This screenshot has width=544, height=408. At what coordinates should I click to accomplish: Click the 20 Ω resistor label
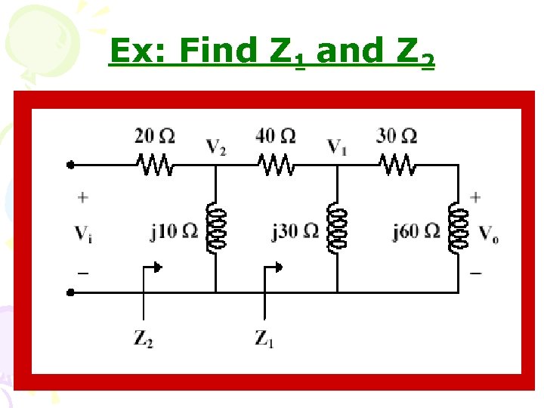(155, 136)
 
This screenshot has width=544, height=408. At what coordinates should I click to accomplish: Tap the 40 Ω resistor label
(276, 136)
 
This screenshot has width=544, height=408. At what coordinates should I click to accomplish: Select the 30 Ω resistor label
(397, 136)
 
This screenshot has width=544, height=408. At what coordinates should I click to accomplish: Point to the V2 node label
(216, 147)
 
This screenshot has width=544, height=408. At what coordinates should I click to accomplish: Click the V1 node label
(337, 147)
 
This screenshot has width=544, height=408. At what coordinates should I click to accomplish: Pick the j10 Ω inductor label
(174, 230)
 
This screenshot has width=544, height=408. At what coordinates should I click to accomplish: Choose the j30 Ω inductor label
(295, 230)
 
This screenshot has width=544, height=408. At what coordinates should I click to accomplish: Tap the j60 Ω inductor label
(416, 230)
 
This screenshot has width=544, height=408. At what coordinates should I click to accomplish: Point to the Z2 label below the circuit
(144, 338)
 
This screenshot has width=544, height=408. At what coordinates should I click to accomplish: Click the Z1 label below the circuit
(264, 338)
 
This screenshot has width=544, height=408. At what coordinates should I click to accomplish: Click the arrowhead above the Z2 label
(157, 267)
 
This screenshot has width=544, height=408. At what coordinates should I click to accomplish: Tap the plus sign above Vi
(82, 197)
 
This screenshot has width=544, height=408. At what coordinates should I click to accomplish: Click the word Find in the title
(217, 51)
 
